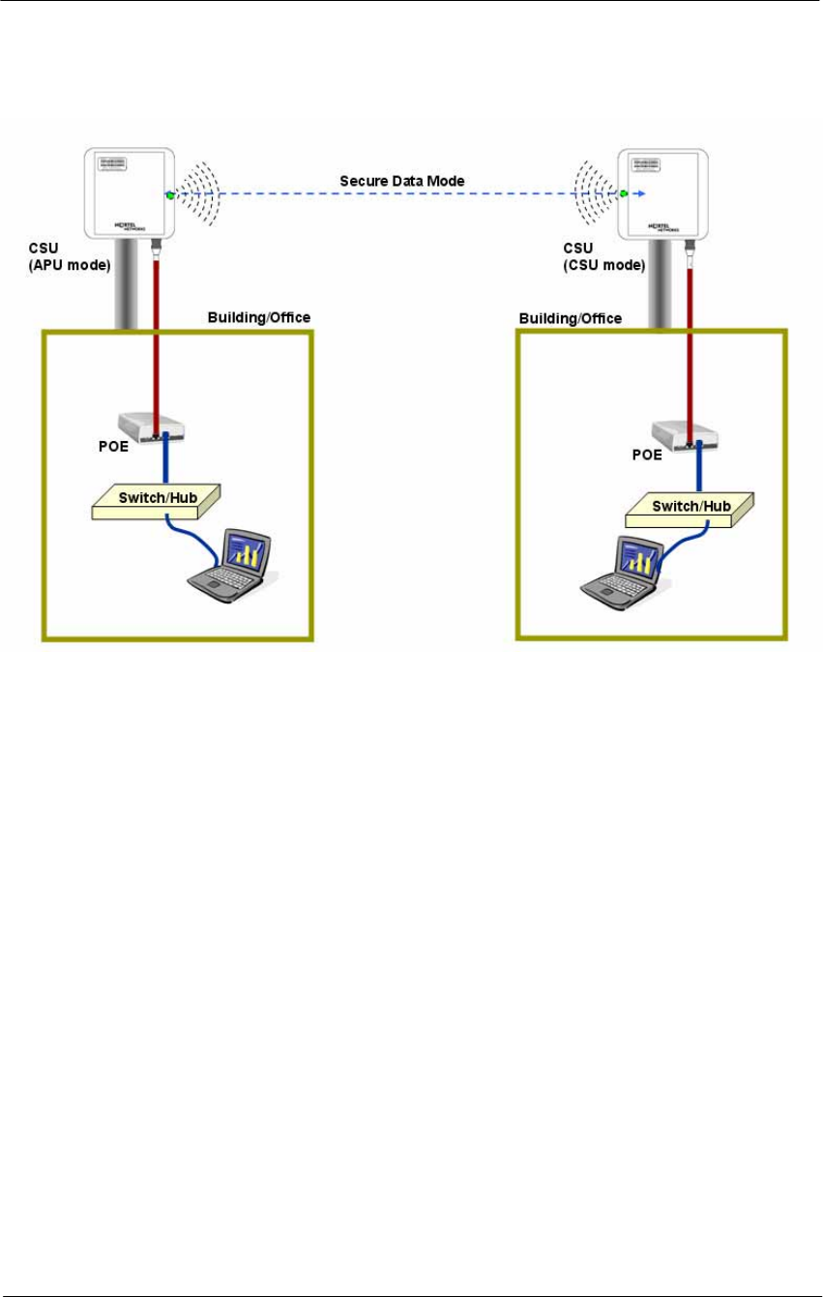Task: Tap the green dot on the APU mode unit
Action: click(x=170, y=194)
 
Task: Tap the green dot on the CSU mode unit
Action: click(x=624, y=194)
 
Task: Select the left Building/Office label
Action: click(x=259, y=317)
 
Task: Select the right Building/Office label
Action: click(x=571, y=318)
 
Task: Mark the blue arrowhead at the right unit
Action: click(x=635, y=194)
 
